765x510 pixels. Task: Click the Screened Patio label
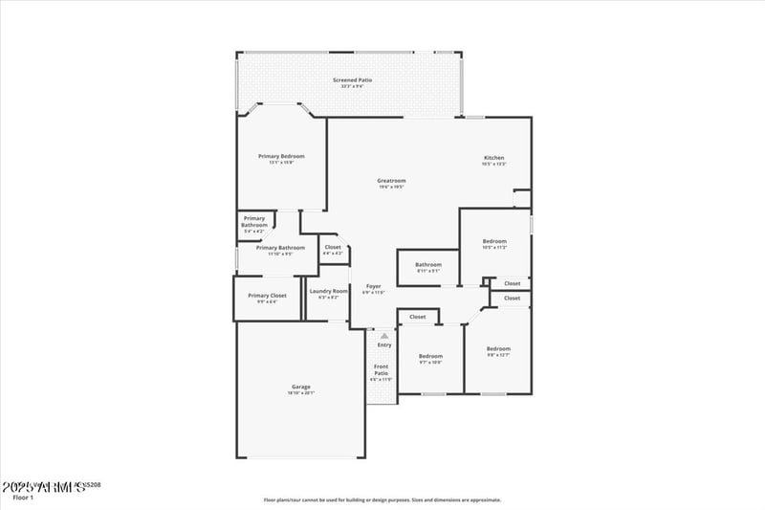coord(352,79)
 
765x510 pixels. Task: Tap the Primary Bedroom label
coord(281,156)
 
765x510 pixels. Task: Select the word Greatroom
coord(391,180)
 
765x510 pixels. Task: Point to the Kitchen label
coord(493,158)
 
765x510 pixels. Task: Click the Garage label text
coord(300,387)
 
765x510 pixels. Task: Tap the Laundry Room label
coord(328,291)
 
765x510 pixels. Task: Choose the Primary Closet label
coord(267,296)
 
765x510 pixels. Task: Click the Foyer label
coord(373,286)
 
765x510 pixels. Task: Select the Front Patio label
coord(381,369)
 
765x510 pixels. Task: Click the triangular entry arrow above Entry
coord(384,336)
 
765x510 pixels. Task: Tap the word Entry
coord(384,345)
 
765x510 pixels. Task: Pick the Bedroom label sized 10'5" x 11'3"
coord(494,241)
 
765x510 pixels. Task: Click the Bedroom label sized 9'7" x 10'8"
coord(430,357)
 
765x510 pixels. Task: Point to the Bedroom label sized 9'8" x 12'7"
coord(498,348)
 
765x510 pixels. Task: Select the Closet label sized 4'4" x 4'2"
coord(333,247)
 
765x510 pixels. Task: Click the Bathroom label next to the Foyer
coord(428,264)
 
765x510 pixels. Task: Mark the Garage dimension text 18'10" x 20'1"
coord(300,393)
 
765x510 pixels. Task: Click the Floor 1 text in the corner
coord(23,498)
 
